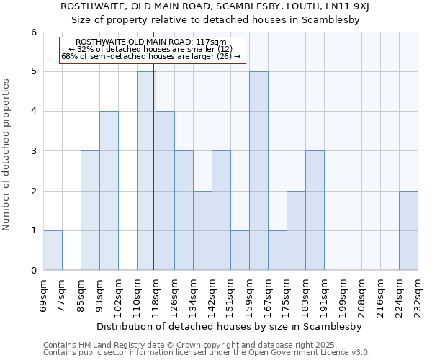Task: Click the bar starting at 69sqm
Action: (53, 250)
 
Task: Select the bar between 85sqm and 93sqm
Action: (90, 210)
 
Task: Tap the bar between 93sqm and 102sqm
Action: (109, 191)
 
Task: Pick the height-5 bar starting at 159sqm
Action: (258, 171)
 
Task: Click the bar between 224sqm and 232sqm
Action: (408, 230)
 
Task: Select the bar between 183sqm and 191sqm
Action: (315, 210)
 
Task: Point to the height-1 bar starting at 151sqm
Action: (240, 250)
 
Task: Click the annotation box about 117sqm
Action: (153, 50)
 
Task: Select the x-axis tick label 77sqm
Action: (62, 294)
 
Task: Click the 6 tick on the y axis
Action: (34, 32)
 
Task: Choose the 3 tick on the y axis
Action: (34, 151)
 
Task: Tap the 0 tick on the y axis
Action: (34, 270)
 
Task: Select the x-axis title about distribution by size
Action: (230, 326)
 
